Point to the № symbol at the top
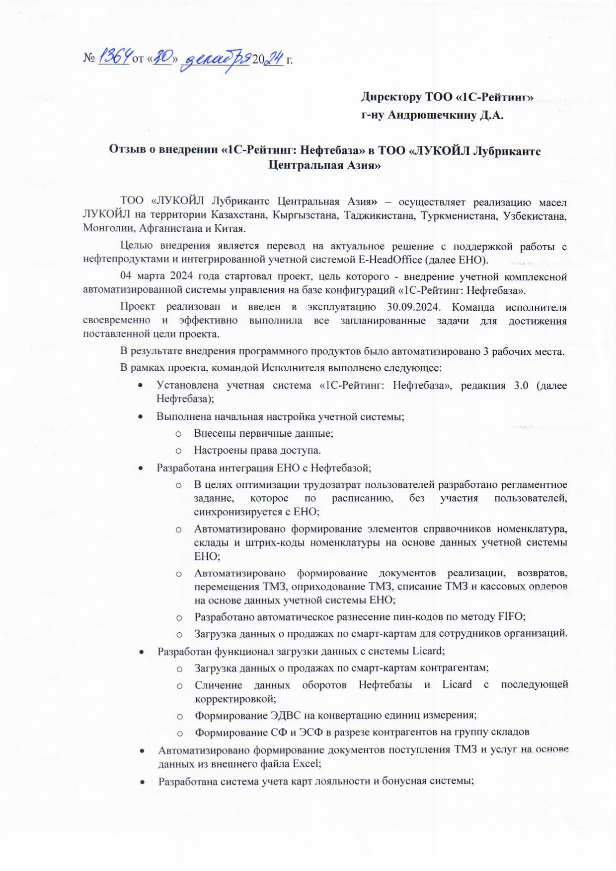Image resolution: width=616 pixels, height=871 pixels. tap(89, 59)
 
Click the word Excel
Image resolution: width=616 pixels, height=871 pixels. tap(306, 764)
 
